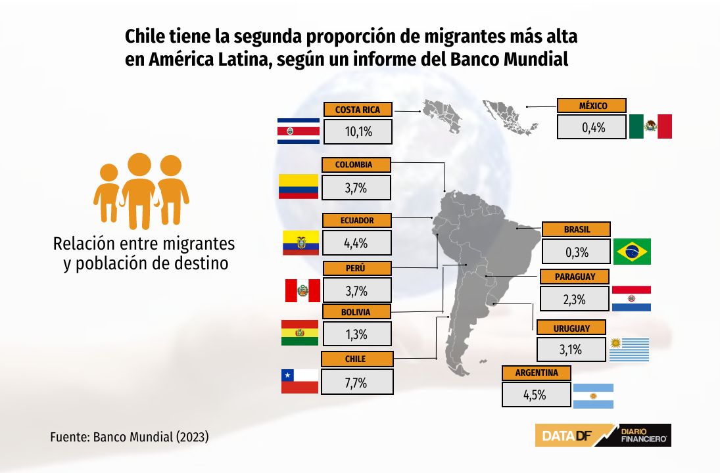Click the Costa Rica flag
click(x=299, y=131)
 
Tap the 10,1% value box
click(x=358, y=131)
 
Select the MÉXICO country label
click(x=591, y=106)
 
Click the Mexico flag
click(x=650, y=126)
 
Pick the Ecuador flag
click(x=300, y=242)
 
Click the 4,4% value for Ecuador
click(x=357, y=242)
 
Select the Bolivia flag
click(x=300, y=332)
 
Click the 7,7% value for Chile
click(x=357, y=382)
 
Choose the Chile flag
click(x=300, y=381)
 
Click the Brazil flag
click(x=632, y=252)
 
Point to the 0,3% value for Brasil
click(x=576, y=252)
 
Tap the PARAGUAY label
click(x=575, y=277)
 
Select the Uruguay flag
click(x=629, y=349)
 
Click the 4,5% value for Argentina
click(x=537, y=395)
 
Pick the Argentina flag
click(x=593, y=396)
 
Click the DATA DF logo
click(x=603, y=435)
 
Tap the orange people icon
click(x=141, y=191)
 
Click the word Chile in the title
click(x=145, y=36)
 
